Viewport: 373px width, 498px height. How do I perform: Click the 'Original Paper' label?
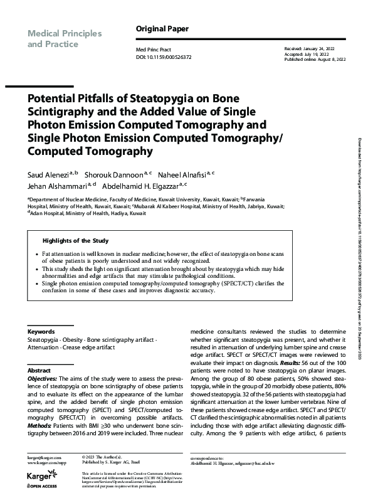(162, 29)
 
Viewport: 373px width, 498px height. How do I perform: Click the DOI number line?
(164, 56)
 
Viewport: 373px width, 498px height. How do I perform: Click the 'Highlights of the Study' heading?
(75, 241)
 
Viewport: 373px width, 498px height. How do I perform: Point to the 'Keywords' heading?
(41, 332)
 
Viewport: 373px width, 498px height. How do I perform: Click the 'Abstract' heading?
(39, 371)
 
